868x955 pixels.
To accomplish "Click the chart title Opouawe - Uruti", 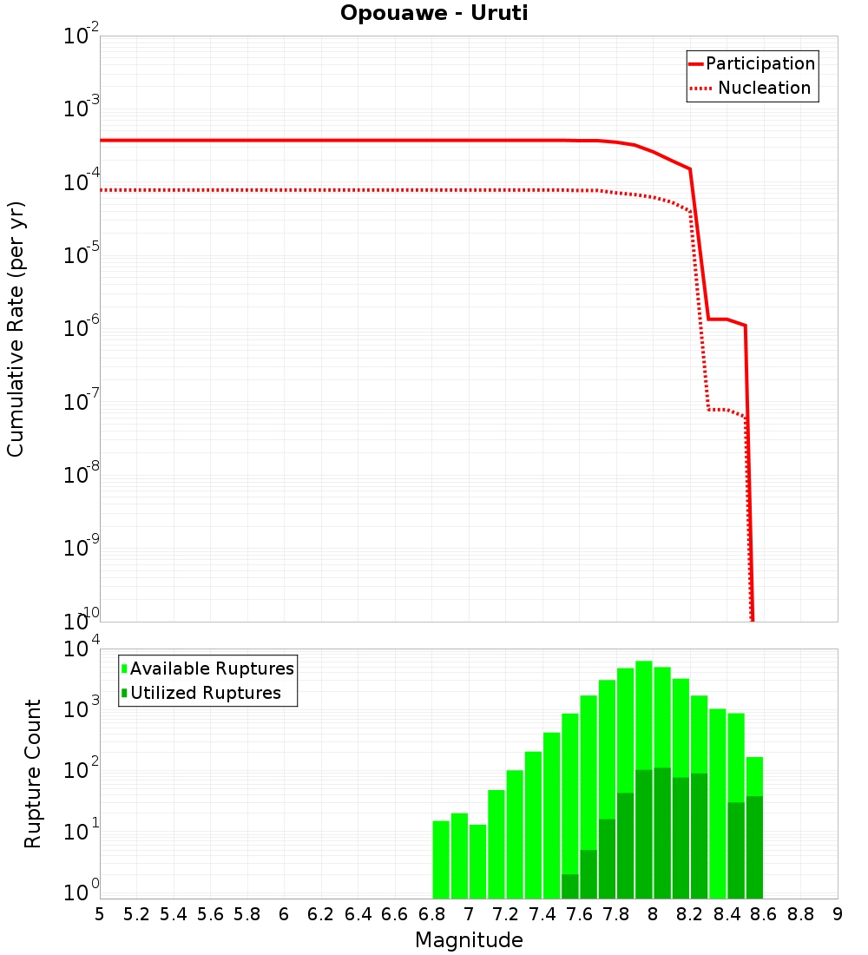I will pos(434,14).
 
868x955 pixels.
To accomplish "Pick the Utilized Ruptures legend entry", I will pos(205,693).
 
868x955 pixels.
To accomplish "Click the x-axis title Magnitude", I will pos(469,940).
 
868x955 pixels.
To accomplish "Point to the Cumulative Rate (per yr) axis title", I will pos(16,329).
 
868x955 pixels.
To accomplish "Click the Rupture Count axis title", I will pos(33,773).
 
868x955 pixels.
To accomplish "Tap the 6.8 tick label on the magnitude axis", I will pos(431,914).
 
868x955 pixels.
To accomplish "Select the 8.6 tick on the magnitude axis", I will pos(764,914).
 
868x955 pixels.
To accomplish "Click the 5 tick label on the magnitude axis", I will pos(100,914).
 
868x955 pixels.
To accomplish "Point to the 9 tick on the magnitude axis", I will pos(838,914).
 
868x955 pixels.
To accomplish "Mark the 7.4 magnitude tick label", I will pos(542,914).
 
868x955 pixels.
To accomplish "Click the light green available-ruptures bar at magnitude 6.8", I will pos(441,859).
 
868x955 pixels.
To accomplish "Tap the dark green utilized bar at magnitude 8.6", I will pos(754,847).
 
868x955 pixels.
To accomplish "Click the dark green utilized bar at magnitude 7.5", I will pos(570,886).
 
